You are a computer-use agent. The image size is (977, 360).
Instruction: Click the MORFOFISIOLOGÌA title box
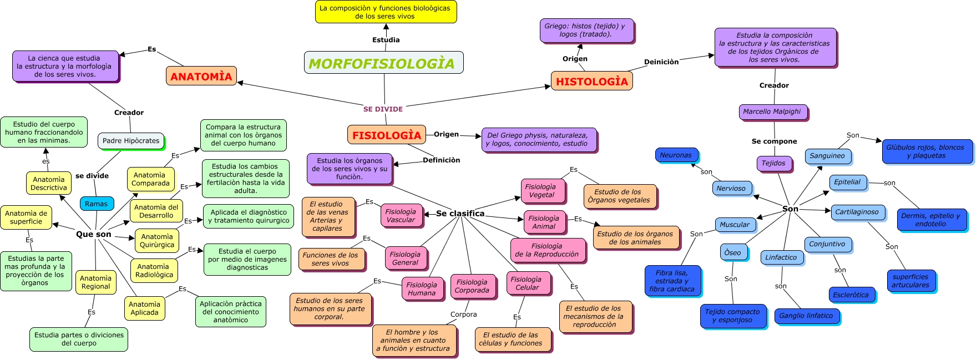tap(383, 63)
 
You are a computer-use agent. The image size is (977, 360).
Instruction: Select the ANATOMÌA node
tap(201, 76)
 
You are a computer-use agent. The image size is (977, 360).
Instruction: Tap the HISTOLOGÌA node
tap(591, 81)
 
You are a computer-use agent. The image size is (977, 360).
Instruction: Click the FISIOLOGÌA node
tap(387, 135)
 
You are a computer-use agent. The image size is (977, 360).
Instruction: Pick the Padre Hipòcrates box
tap(131, 141)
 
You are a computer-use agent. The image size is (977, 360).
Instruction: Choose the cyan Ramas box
tap(97, 204)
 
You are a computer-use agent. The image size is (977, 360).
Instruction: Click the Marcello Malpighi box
tap(772, 111)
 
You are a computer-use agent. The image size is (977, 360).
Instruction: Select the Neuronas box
tap(676, 155)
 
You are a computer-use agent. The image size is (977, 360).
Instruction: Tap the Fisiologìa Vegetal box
tap(541, 191)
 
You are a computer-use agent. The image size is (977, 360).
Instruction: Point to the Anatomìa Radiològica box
tap(154, 271)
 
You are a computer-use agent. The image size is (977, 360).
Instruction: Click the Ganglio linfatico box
tap(806, 316)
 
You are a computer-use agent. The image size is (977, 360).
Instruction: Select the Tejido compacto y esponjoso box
tap(732, 316)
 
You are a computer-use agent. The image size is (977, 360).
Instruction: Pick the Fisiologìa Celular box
tap(527, 283)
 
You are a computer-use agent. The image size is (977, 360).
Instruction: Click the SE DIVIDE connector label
tap(383, 109)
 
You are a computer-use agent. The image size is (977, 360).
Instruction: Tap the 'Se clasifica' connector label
tap(460, 214)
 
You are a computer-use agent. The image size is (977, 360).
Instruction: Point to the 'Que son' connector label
tap(94, 235)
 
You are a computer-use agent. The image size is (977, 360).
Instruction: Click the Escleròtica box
tap(851, 295)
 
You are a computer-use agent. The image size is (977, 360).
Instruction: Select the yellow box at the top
tap(386, 12)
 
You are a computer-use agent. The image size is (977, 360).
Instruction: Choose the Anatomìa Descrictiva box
tap(49, 184)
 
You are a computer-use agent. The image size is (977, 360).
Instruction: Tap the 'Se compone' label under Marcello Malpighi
tap(774, 141)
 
